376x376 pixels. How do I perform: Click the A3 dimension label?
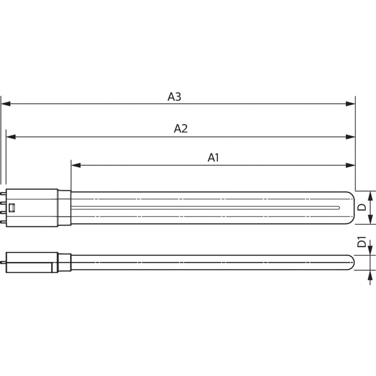pos(174,97)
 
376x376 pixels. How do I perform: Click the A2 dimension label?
pos(181,128)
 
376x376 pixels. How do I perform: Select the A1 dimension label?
pos(213,158)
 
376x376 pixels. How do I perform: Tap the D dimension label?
pos(362,207)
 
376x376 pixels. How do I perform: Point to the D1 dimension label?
pos(362,242)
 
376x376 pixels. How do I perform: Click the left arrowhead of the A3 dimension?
pos(6,104)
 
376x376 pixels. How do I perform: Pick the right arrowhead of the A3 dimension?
pos(351,104)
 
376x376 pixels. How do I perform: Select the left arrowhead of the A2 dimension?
pos(11,137)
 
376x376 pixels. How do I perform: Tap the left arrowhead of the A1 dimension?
pos(76,165)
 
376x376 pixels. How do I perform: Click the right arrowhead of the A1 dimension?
pos(351,165)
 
